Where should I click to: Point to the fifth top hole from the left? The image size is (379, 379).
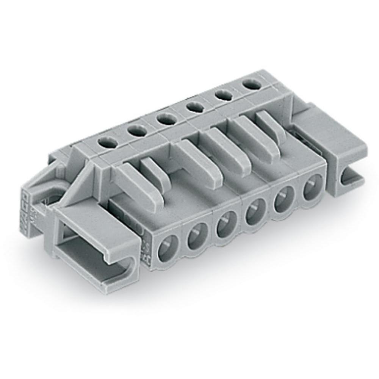[x=222, y=96]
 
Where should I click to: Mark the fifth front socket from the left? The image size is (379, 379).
[x=282, y=199]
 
